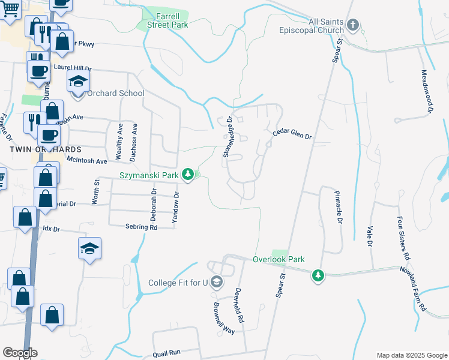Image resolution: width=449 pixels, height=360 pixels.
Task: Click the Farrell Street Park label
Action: pos(163,20)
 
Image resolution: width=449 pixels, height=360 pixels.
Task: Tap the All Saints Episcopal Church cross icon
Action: pos(353,26)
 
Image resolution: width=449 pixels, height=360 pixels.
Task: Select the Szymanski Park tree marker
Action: pos(188,174)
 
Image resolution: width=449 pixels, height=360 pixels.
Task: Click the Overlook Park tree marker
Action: pos(318,275)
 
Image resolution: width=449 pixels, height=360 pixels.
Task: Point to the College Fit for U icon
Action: pos(216,283)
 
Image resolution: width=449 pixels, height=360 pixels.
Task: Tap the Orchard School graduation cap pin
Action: pos(77,82)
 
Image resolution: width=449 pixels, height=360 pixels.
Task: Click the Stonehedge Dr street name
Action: pos(228,137)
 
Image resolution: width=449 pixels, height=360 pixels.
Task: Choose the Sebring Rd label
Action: pos(141,227)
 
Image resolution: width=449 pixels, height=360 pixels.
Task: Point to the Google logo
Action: pos(20,353)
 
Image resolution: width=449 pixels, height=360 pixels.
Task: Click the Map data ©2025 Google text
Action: pos(411,355)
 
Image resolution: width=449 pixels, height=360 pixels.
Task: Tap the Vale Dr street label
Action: pos(369,235)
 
